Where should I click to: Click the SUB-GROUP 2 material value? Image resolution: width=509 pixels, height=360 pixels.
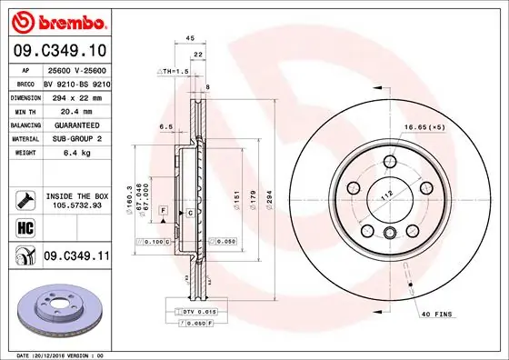point(70,138)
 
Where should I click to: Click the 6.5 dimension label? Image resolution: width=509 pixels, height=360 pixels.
point(166,126)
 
